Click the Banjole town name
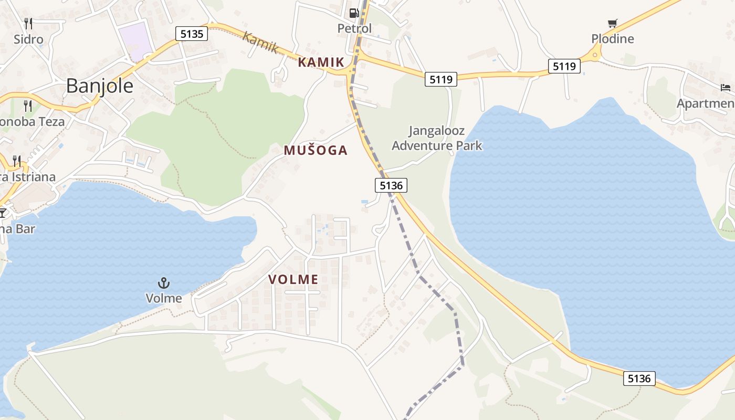(100, 86)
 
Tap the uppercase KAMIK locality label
(321, 62)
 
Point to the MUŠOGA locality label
(316, 151)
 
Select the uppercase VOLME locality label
(293, 280)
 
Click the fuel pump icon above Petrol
(354, 13)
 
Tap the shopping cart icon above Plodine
(612, 23)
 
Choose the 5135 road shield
(192, 34)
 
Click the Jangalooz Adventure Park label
(437, 138)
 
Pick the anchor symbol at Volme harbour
(164, 283)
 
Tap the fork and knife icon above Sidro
(28, 23)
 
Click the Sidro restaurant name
(28, 39)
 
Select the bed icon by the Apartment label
(726, 87)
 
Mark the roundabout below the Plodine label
(595, 54)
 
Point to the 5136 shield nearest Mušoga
(391, 185)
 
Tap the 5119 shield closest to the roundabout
(564, 67)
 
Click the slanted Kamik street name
(260, 42)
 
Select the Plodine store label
(613, 39)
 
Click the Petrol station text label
(354, 28)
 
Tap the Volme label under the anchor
(164, 299)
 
